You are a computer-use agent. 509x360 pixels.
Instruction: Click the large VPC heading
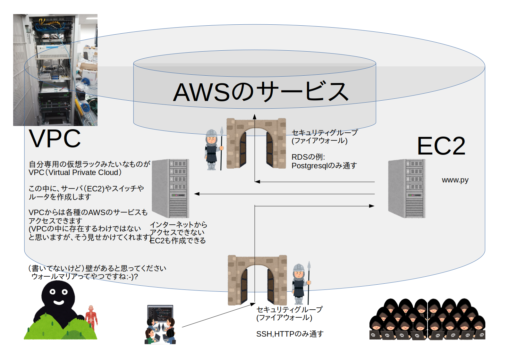(x=55, y=139)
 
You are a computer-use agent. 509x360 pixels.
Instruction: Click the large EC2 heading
(x=441, y=146)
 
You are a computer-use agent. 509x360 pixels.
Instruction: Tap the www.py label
(x=455, y=180)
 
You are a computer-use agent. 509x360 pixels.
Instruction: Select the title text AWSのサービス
(x=260, y=92)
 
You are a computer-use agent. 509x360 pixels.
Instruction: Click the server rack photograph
(x=55, y=70)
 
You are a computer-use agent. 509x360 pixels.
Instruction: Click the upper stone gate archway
(x=256, y=144)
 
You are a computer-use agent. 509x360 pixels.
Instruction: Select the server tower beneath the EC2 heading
(x=407, y=188)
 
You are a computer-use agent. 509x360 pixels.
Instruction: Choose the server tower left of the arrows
(x=171, y=188)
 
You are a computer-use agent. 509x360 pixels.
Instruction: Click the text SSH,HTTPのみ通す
(x=290, y=334)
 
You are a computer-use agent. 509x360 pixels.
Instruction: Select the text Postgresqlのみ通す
(x=324, y=166)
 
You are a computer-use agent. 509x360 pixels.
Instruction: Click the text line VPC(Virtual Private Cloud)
(x=75, y=172)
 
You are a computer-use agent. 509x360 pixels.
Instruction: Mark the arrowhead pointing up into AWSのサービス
(x=255, y=116)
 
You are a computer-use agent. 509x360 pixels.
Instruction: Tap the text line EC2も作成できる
(x=178, y=240)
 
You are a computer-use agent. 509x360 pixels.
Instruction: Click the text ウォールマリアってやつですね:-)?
(x=85, y=276)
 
